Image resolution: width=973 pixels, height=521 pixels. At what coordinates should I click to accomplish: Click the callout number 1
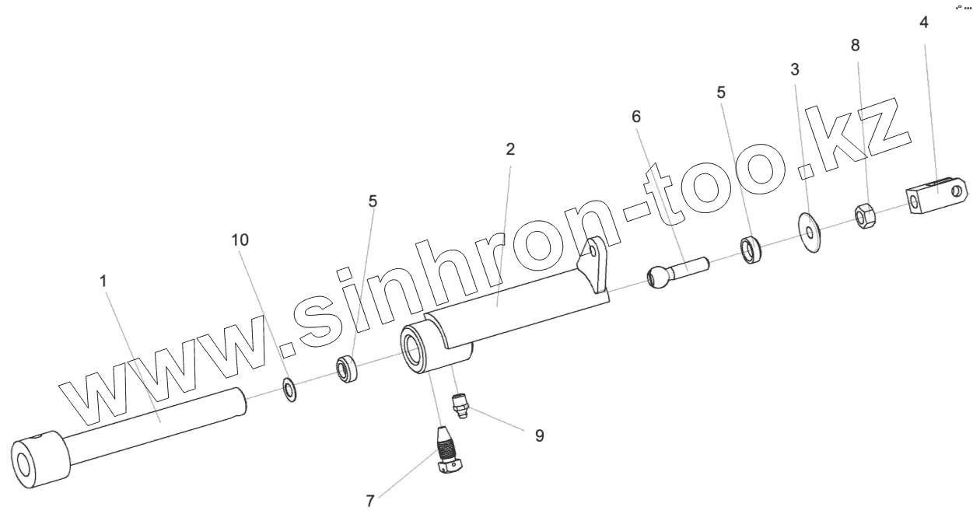pyautogui.click(x=103, y=281)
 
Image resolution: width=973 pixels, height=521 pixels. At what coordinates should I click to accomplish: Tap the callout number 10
pyautogui.click(x=240, y=240)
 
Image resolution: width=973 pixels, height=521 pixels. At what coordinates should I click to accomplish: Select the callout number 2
pyautogui.click(x=510, y=149)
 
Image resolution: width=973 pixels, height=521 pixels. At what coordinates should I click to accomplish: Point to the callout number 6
pyautogui.click(x=636, y=117)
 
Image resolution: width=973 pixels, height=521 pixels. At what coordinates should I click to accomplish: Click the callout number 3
pyautogui.click(x=795, y=69)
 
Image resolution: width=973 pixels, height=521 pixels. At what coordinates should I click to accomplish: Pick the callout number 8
pyautogui.click(x=856, y=45)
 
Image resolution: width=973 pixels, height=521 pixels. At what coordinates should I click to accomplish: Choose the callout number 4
pyautogui.click(x=923, y=23)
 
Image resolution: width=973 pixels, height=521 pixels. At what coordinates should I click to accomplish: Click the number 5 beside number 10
pyautogui.click(x=373, y=201)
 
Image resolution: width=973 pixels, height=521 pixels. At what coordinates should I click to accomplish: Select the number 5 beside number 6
pyautogui.click(x=721, y=93)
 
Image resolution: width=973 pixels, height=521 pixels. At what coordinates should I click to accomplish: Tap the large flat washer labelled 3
pyautogui.click(x=811, y=230)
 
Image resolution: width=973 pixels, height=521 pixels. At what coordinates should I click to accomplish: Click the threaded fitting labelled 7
pyautogui.click(x=449, y=451)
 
